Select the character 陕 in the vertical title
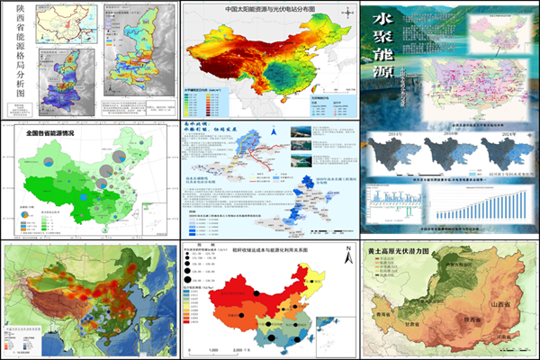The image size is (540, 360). pos(12,13)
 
